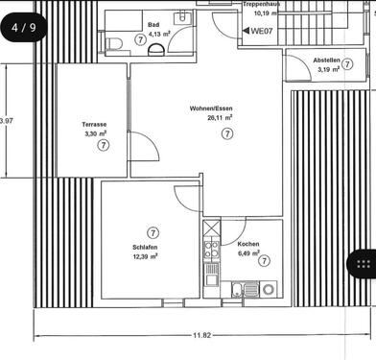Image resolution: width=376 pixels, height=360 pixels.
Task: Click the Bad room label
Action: tap(153, 25)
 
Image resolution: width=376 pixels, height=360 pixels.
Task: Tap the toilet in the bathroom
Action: tap(114, 43)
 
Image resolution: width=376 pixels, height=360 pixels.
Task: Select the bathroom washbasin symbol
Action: tap(182, 17)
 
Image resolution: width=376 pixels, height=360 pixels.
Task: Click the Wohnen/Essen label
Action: tap(211, 108)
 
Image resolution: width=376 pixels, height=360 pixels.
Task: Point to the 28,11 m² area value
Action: tap(220, 117)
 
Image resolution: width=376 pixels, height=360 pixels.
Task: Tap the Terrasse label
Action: tap(94, 125)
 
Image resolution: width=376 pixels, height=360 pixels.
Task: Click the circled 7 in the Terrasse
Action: tap(104, 145)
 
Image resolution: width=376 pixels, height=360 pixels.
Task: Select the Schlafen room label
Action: tap(145, 248)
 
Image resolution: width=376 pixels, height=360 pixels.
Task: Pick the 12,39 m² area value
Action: tap(145, 256)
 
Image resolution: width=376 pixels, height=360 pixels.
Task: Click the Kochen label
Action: tap(248, 244)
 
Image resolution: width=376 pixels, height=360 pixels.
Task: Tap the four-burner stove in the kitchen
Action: tap(212, 250)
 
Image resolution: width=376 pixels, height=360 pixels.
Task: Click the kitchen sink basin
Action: tap(237, 289)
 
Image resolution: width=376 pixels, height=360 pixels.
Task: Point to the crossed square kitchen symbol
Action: tap(212, 228)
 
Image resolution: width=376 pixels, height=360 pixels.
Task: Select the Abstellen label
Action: tap(326, 60)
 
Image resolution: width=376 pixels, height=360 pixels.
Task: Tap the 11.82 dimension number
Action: tap(202, 335)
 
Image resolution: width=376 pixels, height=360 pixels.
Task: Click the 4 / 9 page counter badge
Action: tap(24, 28)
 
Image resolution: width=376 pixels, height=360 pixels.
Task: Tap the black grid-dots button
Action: tap(363, 263)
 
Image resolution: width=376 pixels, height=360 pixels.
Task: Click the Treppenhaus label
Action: tap(261, 4)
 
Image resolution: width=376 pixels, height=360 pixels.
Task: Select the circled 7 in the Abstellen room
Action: tap(347, 64)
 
